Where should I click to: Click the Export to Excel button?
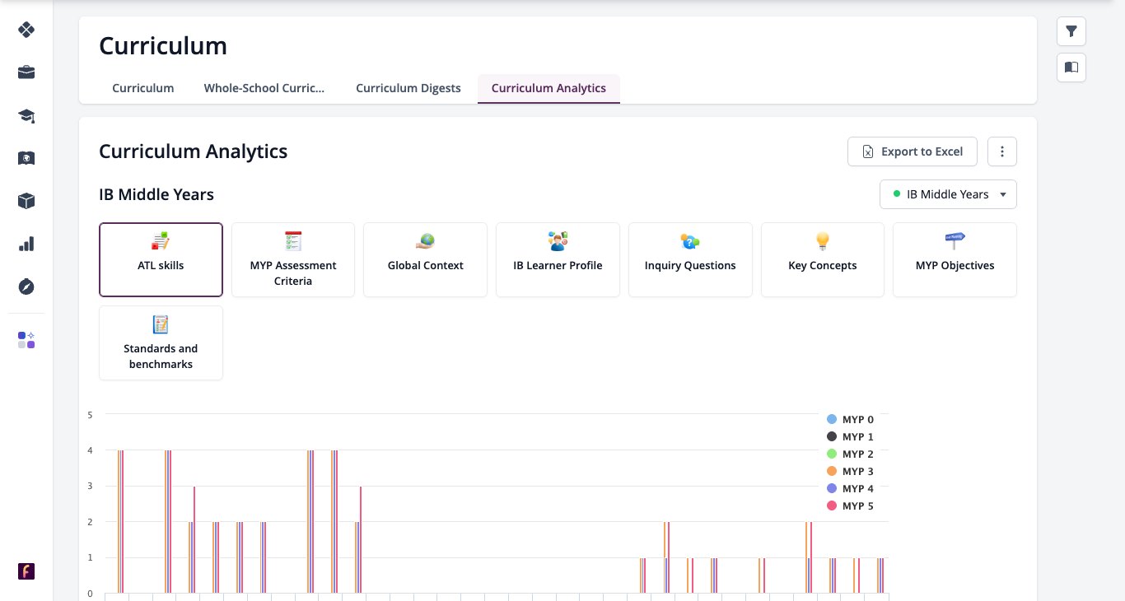coord(912,151)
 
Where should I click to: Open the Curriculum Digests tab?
coord(408,88)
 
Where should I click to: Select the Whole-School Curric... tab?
coord(264,88)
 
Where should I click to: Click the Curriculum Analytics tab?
coord(548,88)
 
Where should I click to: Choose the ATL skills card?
coord(161,259)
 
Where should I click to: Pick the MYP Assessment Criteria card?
coord(293,259)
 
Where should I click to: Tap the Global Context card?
coord(426,259)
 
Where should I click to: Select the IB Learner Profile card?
coord(558,259)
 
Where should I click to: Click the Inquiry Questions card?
coord(690,259)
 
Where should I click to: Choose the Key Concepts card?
coord(823,259)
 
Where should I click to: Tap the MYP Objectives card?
coord(955,259)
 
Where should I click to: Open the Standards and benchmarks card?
coord(161,343)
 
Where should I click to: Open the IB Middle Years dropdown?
coord(948,194)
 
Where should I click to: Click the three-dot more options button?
coord(1002,151)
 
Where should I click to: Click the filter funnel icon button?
coord(1071,31)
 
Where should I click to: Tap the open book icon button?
coord(1071,68)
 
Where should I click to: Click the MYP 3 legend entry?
coord(850,472)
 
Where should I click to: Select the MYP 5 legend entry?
coord(850,506)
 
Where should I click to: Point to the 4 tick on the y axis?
coord(90,450)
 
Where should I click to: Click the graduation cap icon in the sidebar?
coord(26,116)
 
